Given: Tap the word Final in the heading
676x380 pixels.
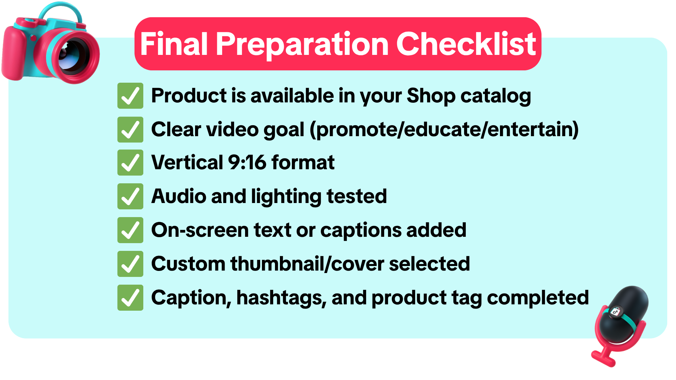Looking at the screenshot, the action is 174,44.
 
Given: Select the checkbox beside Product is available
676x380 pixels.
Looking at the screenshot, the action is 130,96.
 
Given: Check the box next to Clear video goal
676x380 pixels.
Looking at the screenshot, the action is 130,129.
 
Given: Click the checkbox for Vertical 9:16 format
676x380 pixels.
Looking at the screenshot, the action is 130,163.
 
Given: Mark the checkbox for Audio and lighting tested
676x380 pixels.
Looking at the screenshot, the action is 130,196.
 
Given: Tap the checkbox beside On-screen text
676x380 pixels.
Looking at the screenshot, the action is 130,230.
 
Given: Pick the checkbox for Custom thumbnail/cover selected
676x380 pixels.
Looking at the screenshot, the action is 130,264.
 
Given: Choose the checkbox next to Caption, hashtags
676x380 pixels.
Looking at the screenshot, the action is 130,298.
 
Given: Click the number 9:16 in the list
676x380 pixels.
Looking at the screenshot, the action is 247,163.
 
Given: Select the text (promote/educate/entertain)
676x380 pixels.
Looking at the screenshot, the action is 444,130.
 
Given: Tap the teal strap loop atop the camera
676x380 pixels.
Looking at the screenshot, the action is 60,13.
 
